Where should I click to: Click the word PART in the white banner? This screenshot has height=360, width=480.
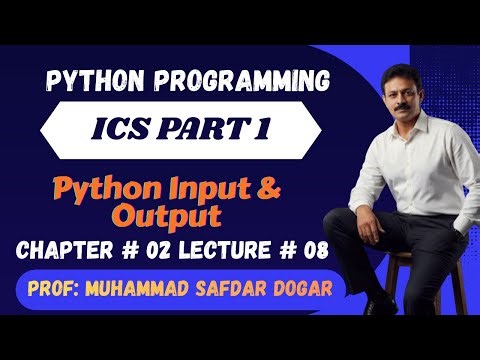pos(204,130)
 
